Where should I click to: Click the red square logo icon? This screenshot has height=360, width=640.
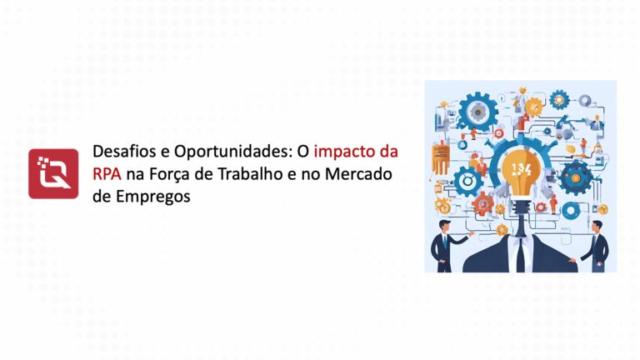coord(53,173)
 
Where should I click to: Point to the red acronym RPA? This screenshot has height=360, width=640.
coord(107,175)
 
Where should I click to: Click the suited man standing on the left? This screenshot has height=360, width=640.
coord(441,242)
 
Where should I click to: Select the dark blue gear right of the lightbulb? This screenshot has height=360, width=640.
coord(574,177)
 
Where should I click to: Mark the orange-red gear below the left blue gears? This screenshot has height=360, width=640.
coord(481,201)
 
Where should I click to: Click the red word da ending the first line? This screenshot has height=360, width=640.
coord(387,153)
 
